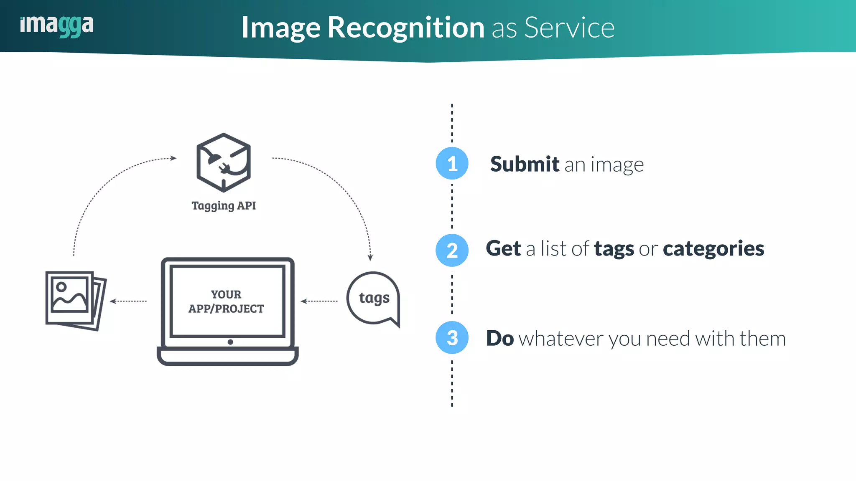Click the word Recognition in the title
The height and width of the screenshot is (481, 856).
(x=405, y=28)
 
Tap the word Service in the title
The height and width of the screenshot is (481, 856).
(x=569, y=28)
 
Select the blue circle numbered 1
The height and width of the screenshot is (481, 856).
(x=452, y=163)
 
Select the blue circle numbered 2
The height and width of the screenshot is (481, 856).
(x=452, y=251)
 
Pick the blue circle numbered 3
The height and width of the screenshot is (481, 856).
(x=452, y=337)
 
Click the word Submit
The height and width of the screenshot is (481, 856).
(x=525, y=164)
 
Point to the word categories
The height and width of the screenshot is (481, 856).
(x=713, y=249)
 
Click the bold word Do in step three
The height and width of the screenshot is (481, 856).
(x=499, y=338)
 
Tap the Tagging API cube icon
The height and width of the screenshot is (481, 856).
(x=224, y=162)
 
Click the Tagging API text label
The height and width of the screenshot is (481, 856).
(x=224, y=205)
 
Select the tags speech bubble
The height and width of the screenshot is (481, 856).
(x=373, y=298)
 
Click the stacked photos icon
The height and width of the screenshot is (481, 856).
(x=75, y=300)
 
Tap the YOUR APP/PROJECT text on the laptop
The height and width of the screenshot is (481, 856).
(x=226, y=301)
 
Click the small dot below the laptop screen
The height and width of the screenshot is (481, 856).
(x=230, y=342)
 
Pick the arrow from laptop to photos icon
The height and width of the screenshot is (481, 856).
(x=128, y=301)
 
